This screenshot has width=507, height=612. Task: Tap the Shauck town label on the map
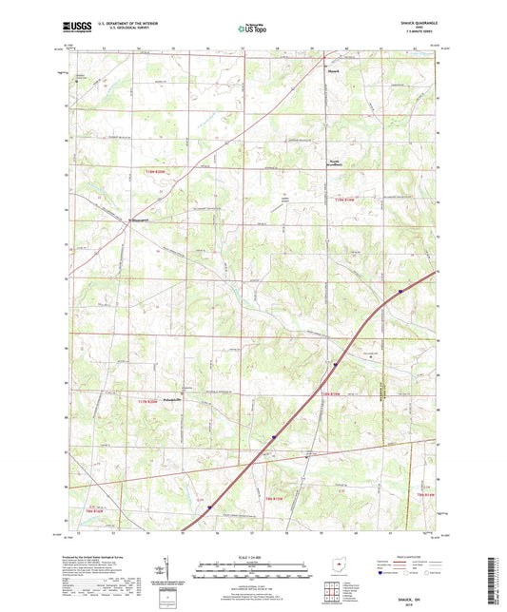331,69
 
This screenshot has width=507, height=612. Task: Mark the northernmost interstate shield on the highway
401,291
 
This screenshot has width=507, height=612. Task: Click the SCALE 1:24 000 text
253,556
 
